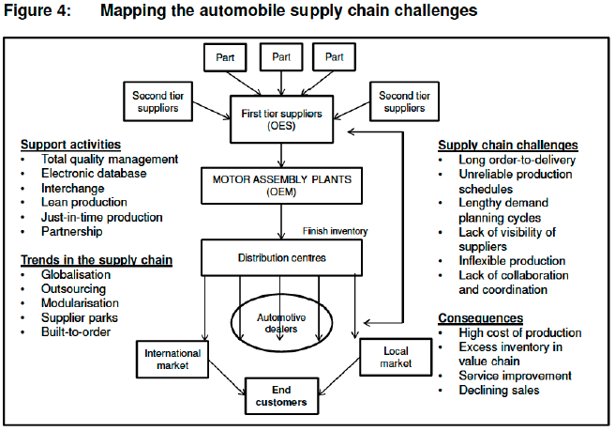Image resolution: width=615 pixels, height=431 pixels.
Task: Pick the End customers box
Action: tap(281, 395)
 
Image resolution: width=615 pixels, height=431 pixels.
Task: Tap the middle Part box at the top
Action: tap(281, 56)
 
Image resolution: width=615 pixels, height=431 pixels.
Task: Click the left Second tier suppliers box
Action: tap(161, 101)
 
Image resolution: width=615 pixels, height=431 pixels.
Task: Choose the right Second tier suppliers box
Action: tap(405, 101)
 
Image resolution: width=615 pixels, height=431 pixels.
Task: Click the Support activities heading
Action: tap(70, 145)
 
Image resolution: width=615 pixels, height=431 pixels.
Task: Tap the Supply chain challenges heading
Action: tap(508, 145)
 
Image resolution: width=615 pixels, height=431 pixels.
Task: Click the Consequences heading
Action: tap(480, 318)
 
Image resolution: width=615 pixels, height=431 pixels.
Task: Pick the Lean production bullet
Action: tap(83, 202)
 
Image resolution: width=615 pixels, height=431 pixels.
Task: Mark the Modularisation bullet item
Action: tap(80, 303)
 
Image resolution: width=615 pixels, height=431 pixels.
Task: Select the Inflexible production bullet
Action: tap(511, 260)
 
